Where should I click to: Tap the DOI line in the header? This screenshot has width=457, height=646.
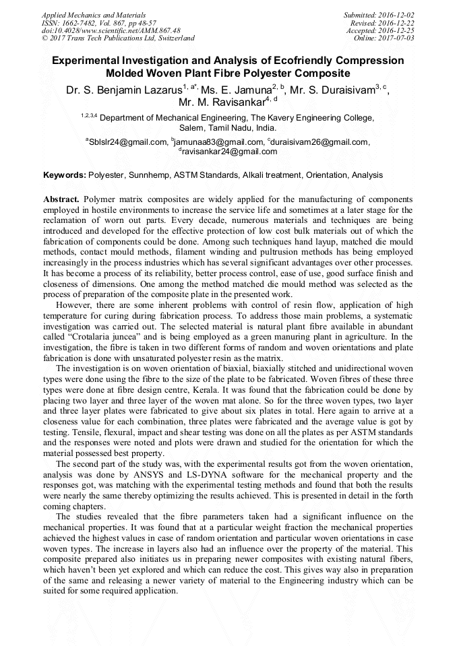pyautogui.click(x=111, y=30)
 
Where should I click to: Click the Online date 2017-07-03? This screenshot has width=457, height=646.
pyautogui.click(x=397, y=38)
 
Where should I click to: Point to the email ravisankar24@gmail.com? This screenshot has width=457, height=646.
pyautogui.click(x=229, y=152)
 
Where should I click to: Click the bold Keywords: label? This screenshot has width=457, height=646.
pyautogui.click(x=65, y=175)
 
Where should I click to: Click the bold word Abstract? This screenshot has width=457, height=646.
pyautogui.click(x=61, y=200)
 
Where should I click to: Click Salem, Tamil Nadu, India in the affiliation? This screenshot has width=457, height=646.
pyautogui.click(x=227, y=127)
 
